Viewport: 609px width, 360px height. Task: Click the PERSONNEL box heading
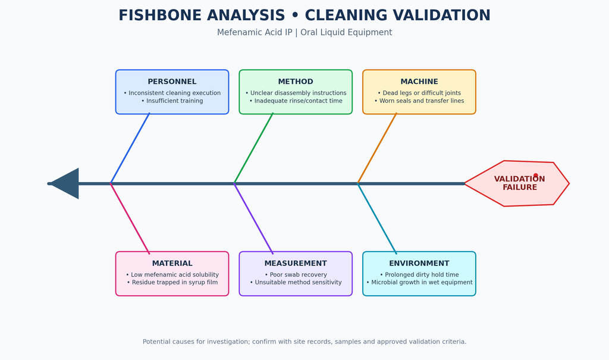click(172, 82)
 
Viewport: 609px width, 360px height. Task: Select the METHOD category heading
click(296, 82)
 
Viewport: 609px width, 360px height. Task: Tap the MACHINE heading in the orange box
click(419, 82)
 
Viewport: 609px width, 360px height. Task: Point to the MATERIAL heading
click(172, 263)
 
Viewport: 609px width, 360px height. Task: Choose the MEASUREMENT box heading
click(296, 263)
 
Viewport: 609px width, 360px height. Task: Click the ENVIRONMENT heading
click(419, 263)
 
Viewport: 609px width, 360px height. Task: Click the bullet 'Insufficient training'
click(172, 101)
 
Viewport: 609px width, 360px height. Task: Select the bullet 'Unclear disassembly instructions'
click(296, 93)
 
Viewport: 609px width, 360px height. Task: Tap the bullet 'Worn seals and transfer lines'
click(419, 101)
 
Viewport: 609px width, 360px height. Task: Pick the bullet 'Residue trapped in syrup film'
click(172, 282)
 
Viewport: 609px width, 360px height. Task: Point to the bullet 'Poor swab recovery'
click(296, 274)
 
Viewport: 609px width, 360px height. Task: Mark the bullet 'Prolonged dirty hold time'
click(419, 274)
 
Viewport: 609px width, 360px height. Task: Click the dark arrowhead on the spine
click(64, 183)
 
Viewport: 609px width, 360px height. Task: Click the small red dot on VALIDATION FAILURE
click(536, 176)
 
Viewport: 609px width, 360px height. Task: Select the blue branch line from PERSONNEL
click(130, 148)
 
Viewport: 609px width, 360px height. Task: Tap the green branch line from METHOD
click(253, 148)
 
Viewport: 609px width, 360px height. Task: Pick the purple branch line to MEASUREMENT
click(253, 218)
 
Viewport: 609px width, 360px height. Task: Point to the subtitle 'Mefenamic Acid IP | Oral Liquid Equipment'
click(304, 32)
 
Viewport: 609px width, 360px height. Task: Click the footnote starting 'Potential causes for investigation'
click(304, 342)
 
